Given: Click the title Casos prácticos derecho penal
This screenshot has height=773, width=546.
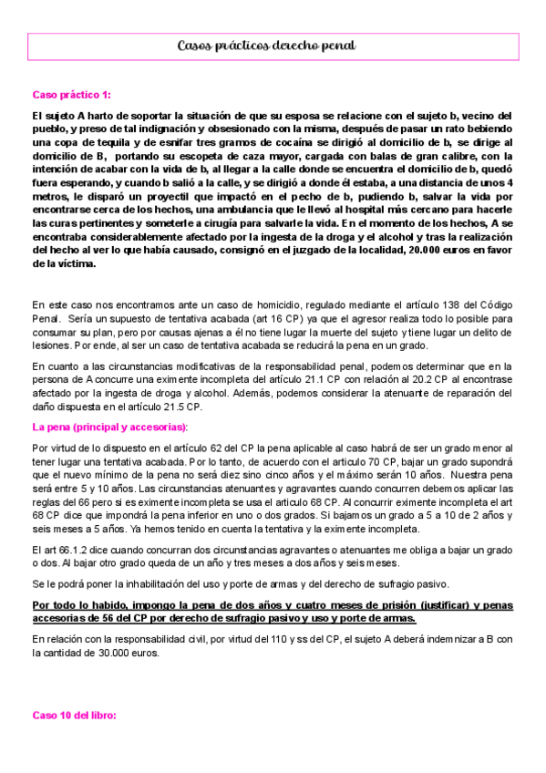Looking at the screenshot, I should (266, 45).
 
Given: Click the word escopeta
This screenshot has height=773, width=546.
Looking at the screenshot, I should (201, 157).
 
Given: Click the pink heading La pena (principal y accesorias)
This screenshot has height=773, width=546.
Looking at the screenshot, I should (109, 427).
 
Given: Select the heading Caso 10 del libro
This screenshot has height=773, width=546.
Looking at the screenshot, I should (74, 716).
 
